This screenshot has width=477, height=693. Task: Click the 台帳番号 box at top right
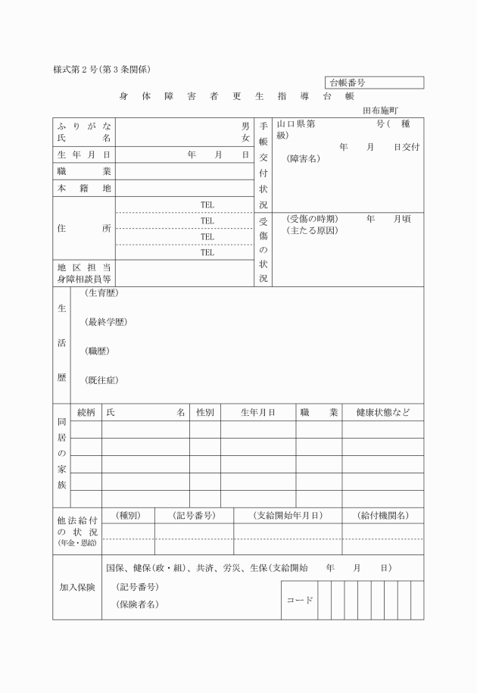click(x=374, y=83)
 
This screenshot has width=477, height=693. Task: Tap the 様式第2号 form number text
click(x=103, y=69)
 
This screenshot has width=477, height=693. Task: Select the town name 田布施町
click(x=385, y=109)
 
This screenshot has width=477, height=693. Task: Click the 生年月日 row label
click(x=84, y=155)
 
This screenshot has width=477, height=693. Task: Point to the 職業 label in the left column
click(x=84, y=171)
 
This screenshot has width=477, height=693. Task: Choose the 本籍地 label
click(x=84, y=188)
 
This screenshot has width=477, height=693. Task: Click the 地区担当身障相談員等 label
click(x=84, y=273)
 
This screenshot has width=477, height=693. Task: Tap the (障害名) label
click(x=304, y=159)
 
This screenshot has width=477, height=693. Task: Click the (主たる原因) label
click(x=312, y=230)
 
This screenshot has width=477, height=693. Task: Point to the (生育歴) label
click(x=101, y=293)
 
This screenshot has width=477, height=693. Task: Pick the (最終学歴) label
click(x=106, y=322)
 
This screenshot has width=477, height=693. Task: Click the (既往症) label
click(x=101, y=379)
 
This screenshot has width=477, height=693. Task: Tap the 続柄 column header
click(x=86, y=413)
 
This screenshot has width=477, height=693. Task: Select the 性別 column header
click(x=204, y=413)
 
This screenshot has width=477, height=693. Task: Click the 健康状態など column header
click(x=382, y=413)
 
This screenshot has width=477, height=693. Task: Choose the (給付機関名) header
click(x=382, y=516)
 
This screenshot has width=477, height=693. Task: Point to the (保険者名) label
click(x=137, y=604)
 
